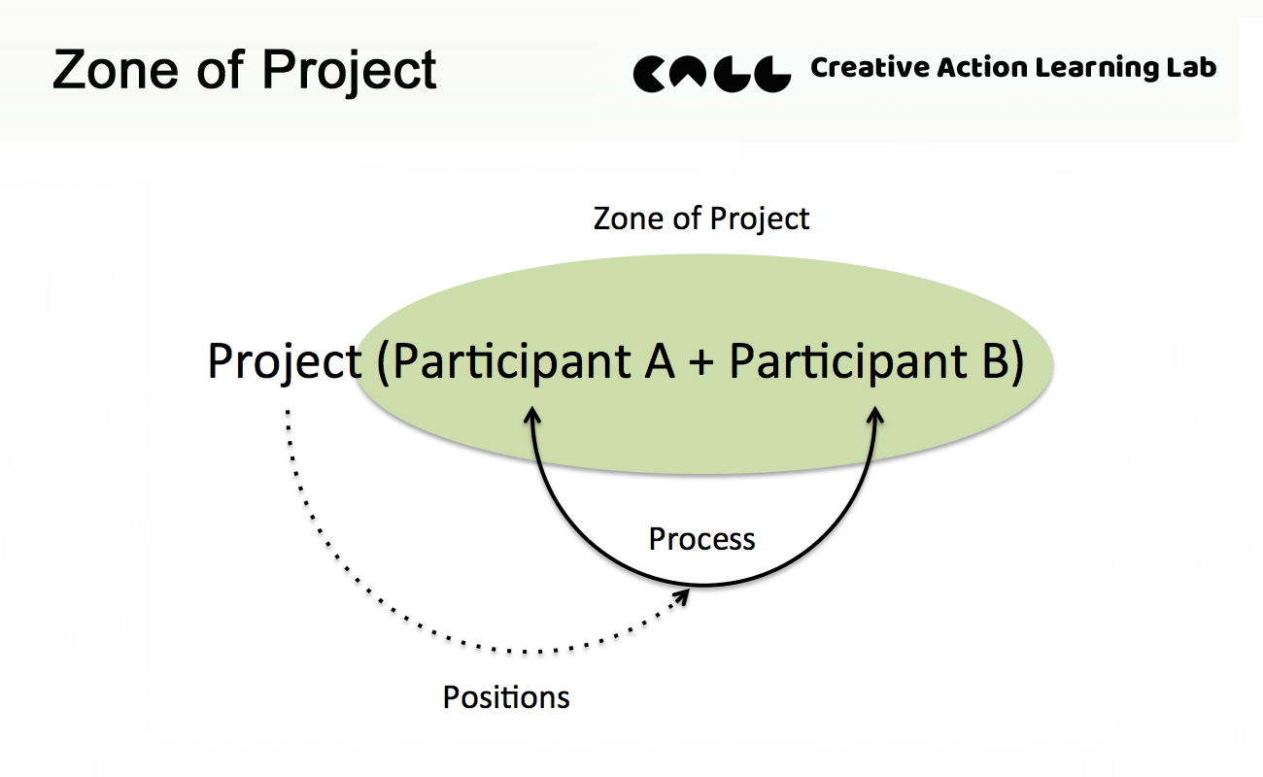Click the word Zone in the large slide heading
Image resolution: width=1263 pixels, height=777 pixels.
point(116,70)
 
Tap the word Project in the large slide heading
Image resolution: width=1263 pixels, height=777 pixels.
point(350,72)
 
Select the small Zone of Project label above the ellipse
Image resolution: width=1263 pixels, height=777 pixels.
point(701,220)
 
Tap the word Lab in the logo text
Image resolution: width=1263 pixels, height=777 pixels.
point(1191,67)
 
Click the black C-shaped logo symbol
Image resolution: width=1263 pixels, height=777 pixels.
point(650,74)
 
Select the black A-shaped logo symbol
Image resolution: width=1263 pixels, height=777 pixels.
point(689,72)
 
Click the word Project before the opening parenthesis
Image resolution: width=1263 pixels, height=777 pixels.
point(285,362)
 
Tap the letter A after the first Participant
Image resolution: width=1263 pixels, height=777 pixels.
point(660,361)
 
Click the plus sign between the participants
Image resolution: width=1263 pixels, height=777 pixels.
point(701,362)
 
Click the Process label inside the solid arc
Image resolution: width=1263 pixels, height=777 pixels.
point(702,539)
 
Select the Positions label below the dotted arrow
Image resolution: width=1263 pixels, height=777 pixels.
point(506,697)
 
